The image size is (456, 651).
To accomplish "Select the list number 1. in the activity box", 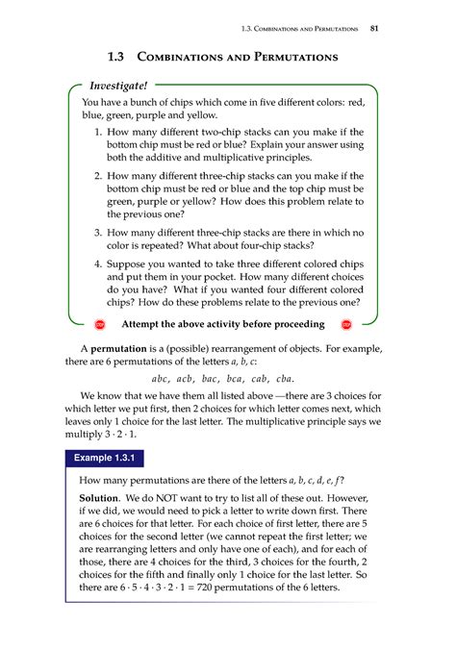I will [100, 129].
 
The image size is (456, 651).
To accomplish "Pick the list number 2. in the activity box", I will [100, 177].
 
